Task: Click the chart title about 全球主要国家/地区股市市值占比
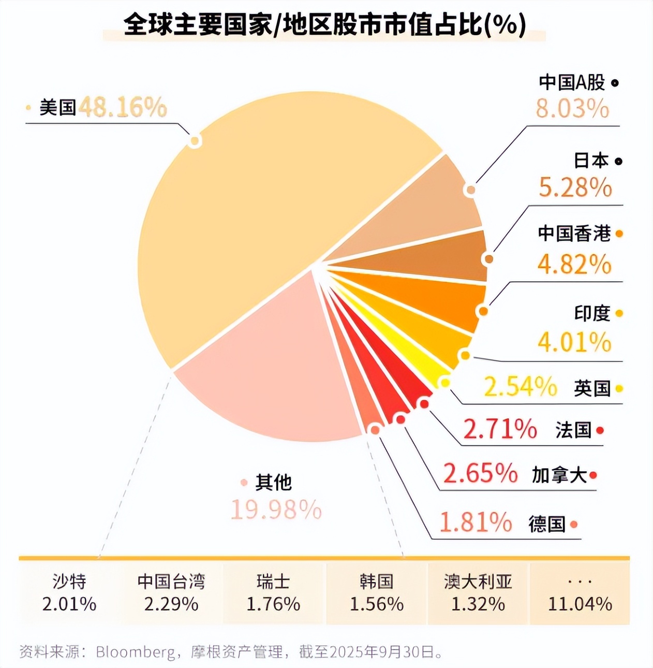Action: [x=324, y=25]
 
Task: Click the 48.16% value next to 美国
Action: [x=123, y=107]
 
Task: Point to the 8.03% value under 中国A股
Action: [x=572, y=109]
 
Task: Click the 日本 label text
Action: [x=591, y=161]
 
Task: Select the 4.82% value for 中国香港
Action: [x=574, y=265]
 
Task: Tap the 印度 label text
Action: [x=592, y=313]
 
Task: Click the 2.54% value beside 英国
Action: [x=521, y=387]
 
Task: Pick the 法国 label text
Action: [x=573, y=430]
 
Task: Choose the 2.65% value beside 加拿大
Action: [x=480, y=473]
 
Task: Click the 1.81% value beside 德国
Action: [x=476, y=522]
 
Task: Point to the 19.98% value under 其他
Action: [x=276, y=510]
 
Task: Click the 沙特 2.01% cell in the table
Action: [x=69, y=593]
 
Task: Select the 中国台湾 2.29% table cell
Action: [x=171, y=593]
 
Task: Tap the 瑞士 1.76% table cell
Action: [x=273, y=593]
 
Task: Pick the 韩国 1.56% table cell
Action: [x=376, y=593]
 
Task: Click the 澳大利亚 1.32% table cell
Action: [x=478, y=593]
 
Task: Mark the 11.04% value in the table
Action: [x=580, y=604]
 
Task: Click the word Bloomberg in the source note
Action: [x=136, y=652]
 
